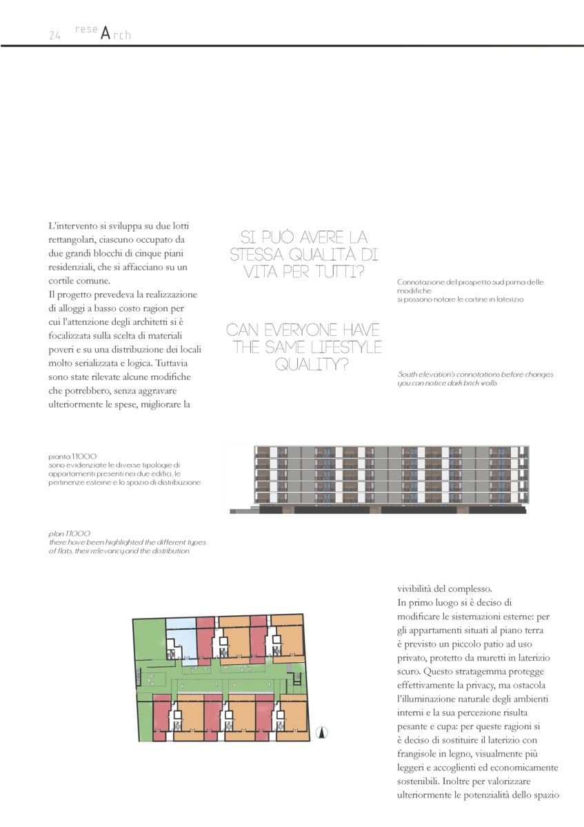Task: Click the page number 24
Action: point(55,36)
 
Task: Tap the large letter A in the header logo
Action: point(105,33)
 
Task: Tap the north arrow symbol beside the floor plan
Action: point(321,733)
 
